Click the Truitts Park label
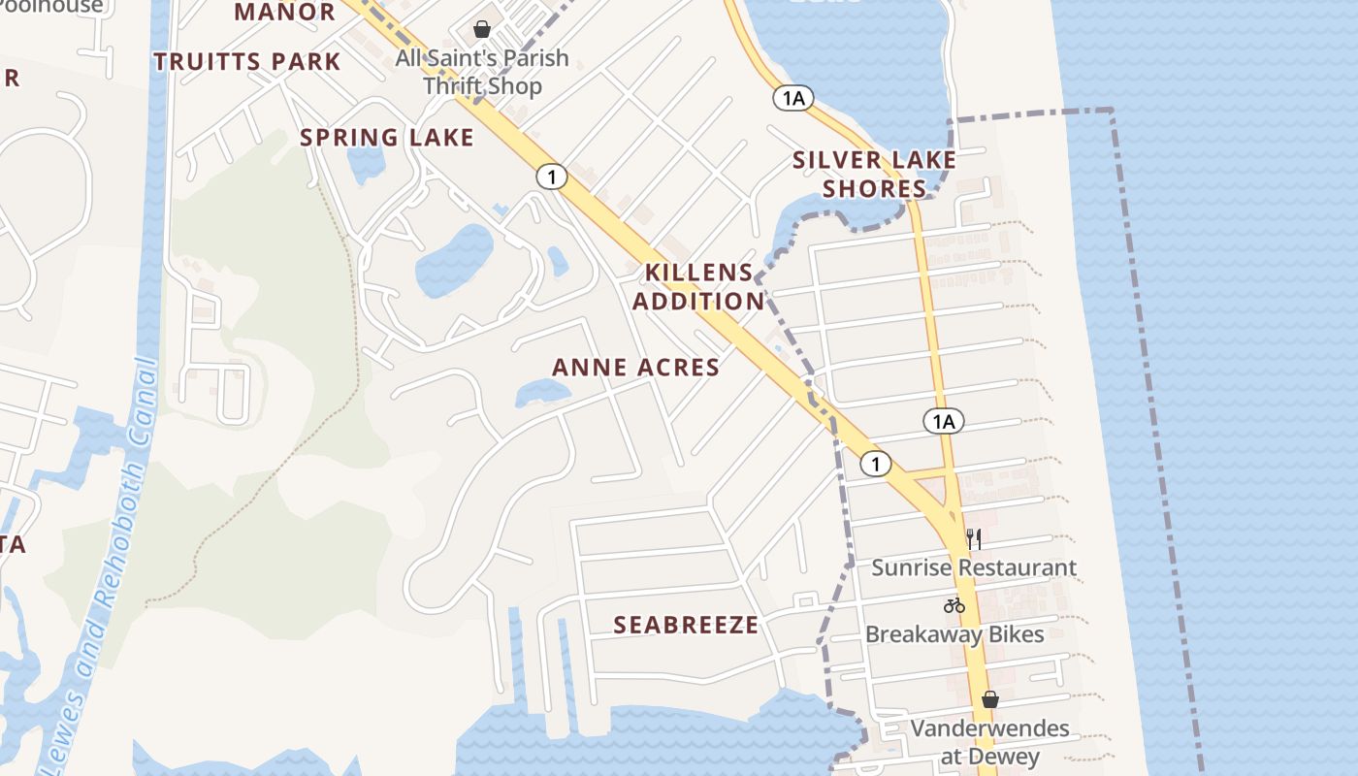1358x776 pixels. tap(247, 62)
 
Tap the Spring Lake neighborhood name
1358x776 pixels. tap(387, 138)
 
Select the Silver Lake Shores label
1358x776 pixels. tap(874, 174)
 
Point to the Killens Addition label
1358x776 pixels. tap(698, 286)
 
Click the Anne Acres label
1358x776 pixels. tap(636, 368)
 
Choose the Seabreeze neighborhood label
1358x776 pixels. tap(686, 626)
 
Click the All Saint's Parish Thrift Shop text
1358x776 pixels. tap(482, 72)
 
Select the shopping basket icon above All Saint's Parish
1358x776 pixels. tap(482, 29)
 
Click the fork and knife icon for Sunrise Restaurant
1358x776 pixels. tap(974, 538)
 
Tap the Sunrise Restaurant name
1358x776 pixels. tap(974, 567)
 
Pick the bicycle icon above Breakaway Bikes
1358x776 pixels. tap(954, 605)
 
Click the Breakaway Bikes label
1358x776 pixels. tap(954, 634)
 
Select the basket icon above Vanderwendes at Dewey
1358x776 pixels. tap(989, 699)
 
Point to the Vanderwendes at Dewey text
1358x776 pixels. tap(989, 742)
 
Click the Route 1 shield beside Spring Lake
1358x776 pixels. tap(551, 177)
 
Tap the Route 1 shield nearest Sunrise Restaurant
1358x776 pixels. tap(875, 464)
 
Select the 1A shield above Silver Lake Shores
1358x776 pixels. tap(792, 98)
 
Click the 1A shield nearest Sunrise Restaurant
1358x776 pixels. tap(943, 421)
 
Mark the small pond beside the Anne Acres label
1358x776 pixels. tap(542, 392)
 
